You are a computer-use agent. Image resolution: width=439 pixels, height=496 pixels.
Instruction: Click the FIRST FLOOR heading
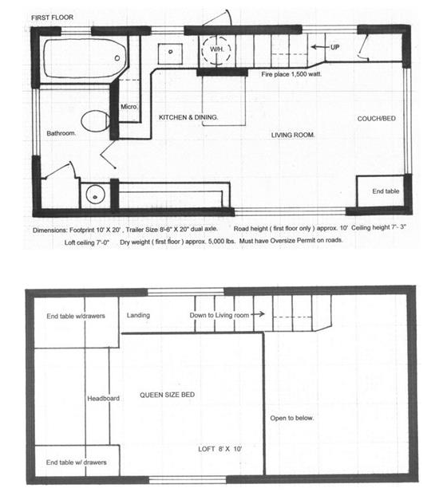[x=52, y=18]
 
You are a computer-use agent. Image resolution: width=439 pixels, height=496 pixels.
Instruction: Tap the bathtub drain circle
[x=117, y=58]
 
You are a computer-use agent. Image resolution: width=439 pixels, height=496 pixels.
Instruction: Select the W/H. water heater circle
[x=216, y=49]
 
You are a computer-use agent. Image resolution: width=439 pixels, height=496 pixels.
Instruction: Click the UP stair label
[x=334, y=47]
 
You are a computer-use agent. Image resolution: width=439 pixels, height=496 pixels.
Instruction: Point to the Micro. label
[x=129, y=107]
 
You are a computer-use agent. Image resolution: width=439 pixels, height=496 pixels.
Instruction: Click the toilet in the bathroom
[x=95, y=121]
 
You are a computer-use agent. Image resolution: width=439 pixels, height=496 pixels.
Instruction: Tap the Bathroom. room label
[x=61, y=133]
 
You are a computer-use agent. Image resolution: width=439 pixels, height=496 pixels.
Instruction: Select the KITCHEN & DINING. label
[x=188, y=117]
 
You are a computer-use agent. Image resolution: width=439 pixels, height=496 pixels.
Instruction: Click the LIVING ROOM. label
[x=293, y=135]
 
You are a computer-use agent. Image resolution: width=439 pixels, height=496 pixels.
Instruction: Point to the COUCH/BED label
[x=377, y=119]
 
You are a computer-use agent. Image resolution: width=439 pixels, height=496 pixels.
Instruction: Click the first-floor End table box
[x=380, y=191]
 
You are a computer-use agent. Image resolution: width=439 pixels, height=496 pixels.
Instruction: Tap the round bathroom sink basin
[x=95, y=195]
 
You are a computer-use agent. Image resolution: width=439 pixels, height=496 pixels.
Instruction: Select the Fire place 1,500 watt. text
[x=291, y=74]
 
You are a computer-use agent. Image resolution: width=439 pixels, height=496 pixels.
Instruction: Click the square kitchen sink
[x=170, y=53]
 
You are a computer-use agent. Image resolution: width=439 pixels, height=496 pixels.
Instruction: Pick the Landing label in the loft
[x=138, y=315]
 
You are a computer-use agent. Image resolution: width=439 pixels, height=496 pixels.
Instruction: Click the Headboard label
[x=104, y=399]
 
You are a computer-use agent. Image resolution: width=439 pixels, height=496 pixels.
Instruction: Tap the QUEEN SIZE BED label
[x=168, y=395]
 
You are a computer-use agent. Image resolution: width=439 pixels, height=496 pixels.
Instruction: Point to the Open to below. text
[x=291, y=418]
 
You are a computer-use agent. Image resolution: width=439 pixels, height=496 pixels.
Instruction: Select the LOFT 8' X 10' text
[x=220, y=449]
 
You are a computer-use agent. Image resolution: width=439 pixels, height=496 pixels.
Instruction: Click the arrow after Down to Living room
[x=258, y=314]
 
